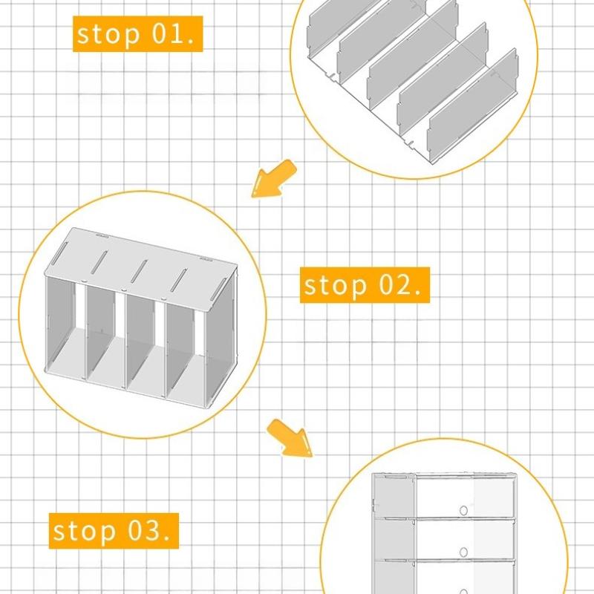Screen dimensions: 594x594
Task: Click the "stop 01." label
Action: point(138,34)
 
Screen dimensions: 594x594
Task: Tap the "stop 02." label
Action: point(365,285)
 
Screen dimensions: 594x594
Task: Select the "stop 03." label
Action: point(114,531)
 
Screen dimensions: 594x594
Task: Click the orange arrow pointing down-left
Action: point(273,179)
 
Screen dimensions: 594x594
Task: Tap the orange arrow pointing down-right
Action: point(290,437)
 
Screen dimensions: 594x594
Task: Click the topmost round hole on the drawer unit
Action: point(463,510)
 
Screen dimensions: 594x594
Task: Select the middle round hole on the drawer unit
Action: point(463,552)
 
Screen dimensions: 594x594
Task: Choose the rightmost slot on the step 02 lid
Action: point(219,289)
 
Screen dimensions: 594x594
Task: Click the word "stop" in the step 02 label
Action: point(336,285)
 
